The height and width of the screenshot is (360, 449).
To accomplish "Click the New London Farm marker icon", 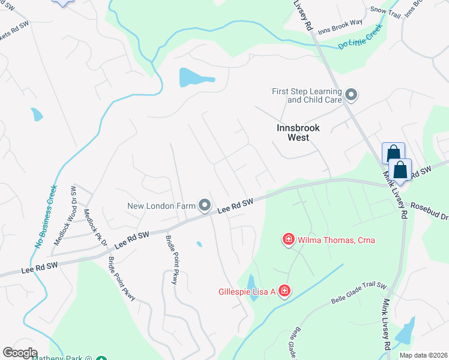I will click(205, 206).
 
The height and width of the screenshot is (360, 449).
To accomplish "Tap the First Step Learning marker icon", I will click(351, 95).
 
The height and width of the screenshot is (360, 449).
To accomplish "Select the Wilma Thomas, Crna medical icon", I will click(288, 240).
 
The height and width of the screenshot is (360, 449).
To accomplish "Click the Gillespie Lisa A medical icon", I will click(283, 292).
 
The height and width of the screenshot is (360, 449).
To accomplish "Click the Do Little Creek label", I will click(360, 38).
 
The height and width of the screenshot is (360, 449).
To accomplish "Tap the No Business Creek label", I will click(47, 217).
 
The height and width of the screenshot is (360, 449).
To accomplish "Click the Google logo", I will click(19, 353).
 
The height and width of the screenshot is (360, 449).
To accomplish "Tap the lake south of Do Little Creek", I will click(195, 77).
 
